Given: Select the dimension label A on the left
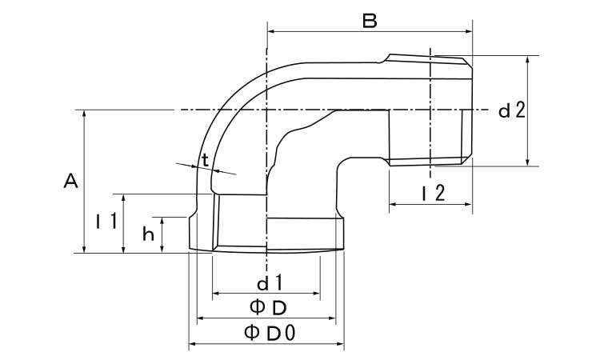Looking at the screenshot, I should (70, 182).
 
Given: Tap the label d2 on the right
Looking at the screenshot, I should (511, 111).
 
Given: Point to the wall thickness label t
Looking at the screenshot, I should (206, 160).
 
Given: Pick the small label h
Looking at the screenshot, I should (148, 234).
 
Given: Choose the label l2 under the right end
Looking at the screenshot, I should (432, 191).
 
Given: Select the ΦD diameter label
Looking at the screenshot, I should (267, 306).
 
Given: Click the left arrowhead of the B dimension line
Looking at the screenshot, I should (270, 31).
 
